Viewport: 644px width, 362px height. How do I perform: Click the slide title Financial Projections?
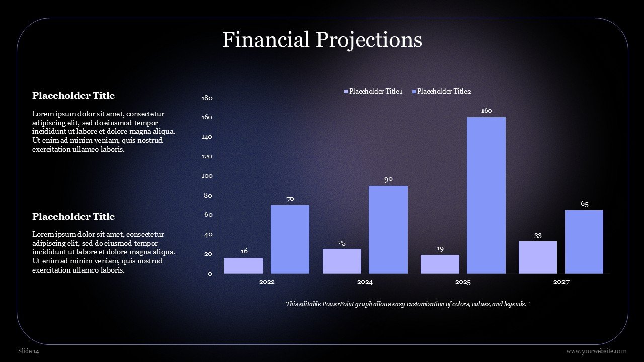click(323, 40)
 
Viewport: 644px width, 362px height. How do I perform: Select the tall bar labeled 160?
click(486, 195)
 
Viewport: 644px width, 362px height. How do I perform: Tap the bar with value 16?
click(244, 265)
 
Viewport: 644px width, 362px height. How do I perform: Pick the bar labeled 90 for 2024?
click(388, 229)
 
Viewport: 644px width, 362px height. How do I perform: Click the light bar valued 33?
click(538, 257)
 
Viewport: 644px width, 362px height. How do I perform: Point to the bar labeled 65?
click(584, 242)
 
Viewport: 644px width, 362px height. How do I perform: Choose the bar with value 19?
click(440, 264)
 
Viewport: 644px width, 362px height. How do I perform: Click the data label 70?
click(290, 199)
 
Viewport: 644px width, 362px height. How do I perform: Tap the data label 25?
click(342, 243)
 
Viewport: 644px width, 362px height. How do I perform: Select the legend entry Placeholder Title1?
click(373, 91)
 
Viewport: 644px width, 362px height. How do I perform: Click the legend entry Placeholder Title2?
click(442, 91)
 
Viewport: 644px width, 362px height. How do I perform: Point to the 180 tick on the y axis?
click(207, 98)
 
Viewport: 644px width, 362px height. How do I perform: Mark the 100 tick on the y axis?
click(207, 176)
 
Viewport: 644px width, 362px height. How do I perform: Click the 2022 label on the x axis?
click(267, 282)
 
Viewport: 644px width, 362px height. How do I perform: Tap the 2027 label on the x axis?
click(561, 282)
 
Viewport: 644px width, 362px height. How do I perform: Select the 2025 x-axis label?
click(463, 282)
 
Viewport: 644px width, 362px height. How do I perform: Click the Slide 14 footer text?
click(29, 351)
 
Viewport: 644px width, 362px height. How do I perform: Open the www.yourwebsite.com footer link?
click(597, 351)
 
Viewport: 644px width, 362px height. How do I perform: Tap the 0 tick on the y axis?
click(210, 274)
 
